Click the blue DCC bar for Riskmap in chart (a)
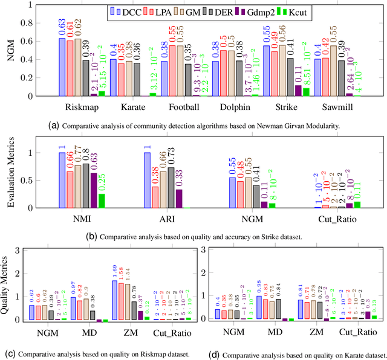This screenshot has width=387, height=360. pos(62,66)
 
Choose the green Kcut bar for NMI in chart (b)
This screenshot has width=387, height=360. pos(102,201)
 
